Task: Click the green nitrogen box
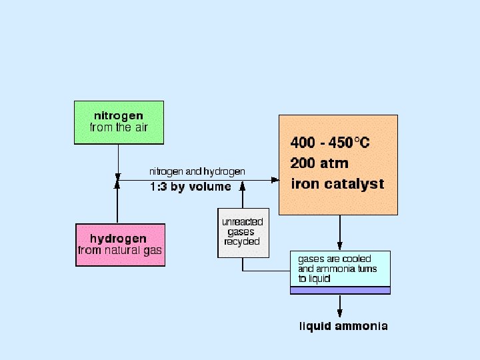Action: coord(118,122)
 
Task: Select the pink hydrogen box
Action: coord(120,245)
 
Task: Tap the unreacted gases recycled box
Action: coord(243,233)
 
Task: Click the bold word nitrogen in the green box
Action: coord(119,116)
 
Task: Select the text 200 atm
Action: coord(319,163)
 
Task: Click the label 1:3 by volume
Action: coord(190,187)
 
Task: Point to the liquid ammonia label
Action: coord(343,327)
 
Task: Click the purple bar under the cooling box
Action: coord(340,290)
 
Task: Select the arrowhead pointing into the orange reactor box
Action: coord(274,180)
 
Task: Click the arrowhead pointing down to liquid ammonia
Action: coord(340,311)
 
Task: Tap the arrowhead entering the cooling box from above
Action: coord(340,245)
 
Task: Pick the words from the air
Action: coord(119,127)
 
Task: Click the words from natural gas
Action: coord(120,251)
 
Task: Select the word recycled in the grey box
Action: coord(243,242)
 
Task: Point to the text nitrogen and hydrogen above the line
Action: coord(197,171)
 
